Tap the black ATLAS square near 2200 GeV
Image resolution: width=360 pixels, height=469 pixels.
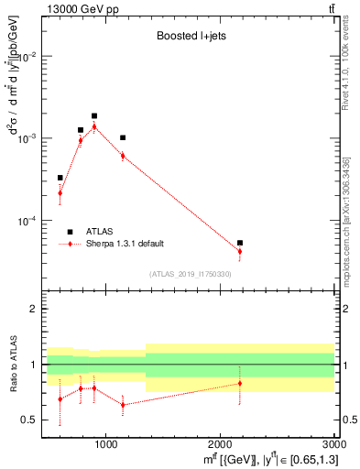click(240, 243)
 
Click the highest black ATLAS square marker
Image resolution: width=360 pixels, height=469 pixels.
click(94, 116)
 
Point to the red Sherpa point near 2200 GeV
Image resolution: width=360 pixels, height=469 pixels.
click(240, 251)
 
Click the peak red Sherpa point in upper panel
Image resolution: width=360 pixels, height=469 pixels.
click(94, 126)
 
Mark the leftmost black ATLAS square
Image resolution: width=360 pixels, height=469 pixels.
click(60, 178)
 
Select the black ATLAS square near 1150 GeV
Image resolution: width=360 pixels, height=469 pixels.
click(123, 137)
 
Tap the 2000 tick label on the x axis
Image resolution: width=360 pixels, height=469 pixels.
click(220, 444)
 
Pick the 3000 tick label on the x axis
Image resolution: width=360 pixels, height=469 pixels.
click(333, 444)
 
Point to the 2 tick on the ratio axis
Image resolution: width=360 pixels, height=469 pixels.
click(34, 310)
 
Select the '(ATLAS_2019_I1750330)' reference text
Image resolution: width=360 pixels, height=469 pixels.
click(190, 274)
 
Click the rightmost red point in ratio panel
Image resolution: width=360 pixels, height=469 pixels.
click(240, 383)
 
